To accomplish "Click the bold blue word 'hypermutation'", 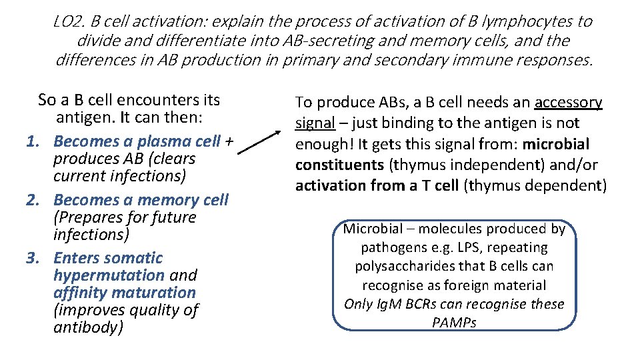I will click(109, 275).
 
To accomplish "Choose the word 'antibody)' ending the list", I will click(88, 328).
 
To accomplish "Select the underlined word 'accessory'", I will click(568, 103).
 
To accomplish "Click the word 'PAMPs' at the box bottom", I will click(454, 323).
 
